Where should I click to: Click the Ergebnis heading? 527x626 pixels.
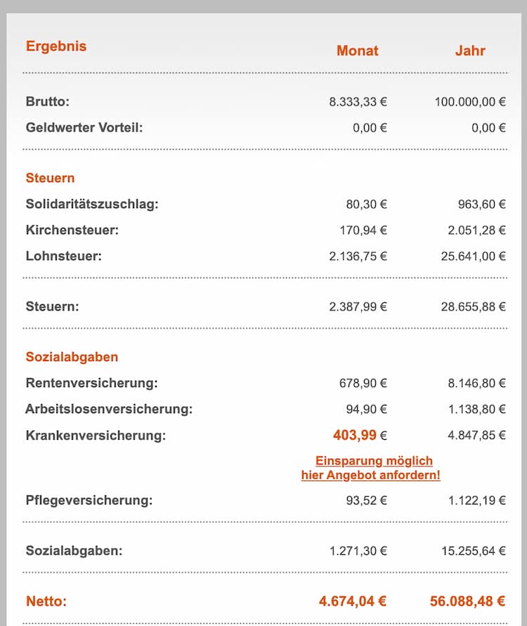click(x=56, y=46)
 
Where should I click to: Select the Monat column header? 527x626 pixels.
click(x=357, y=51)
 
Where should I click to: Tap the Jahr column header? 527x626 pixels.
click(x=469, y=51)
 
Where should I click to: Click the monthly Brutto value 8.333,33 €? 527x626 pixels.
click(x=358, y=101)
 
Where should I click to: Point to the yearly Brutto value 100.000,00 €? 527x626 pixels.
click(x=470, y=101)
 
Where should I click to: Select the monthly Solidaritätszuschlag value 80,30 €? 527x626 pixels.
click(x=366, y=204)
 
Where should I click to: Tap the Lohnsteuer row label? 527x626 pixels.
click(x=63, y=256)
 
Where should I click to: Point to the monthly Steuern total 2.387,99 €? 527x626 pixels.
click(x=358, y=306)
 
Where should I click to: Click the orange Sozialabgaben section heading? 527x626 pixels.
click(x=72, y=357)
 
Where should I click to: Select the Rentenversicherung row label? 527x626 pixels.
click(x=91, y=383)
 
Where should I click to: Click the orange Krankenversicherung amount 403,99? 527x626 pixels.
click(x=355, y=436)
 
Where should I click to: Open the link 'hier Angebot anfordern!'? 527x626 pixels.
click(x=370, y=475)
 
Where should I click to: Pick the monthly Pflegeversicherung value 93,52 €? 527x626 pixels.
click(x=366, y=501)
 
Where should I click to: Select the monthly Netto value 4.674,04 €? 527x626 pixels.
click(x=352, y=601)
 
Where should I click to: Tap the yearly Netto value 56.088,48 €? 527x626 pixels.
click(x=467, y=601)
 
